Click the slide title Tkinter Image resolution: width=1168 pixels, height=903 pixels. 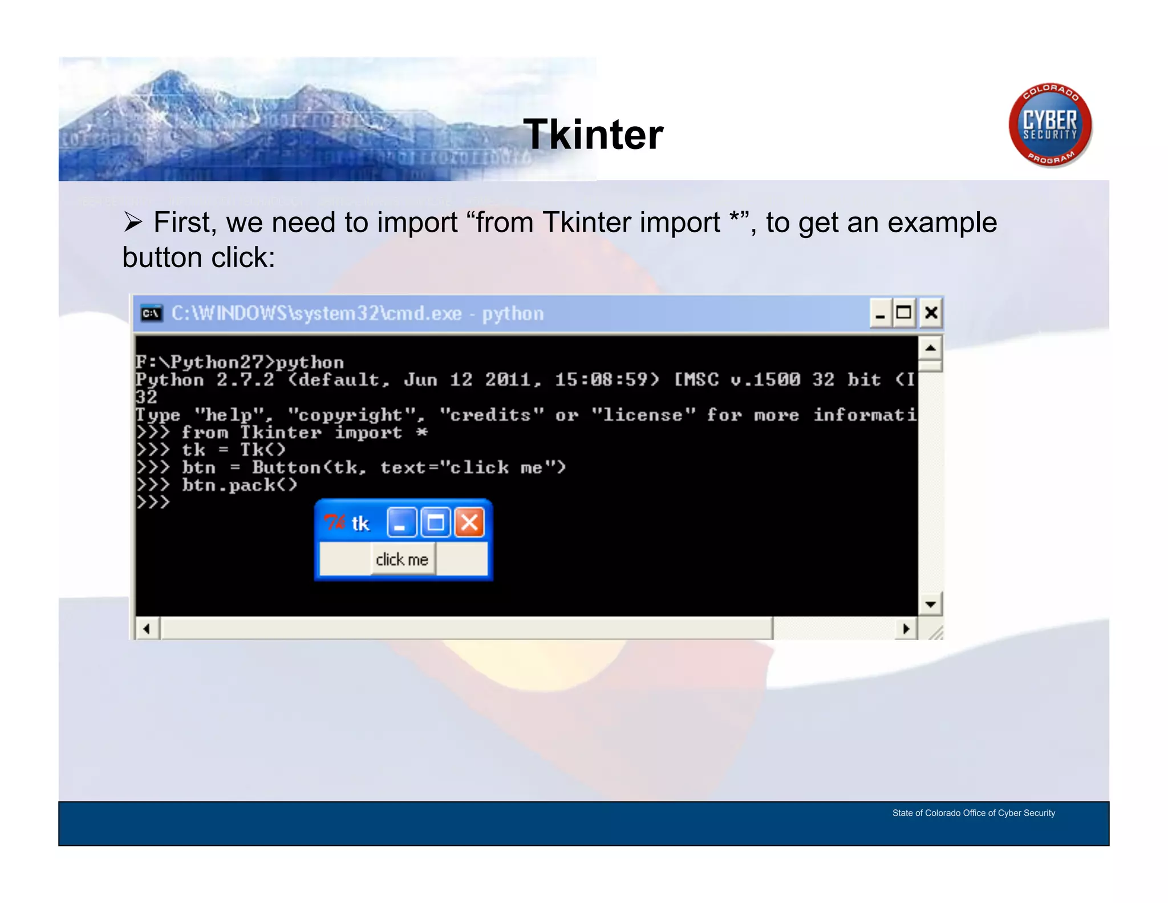click(x=593, y=135)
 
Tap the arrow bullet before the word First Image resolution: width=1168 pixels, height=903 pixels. click(x=133, y=222)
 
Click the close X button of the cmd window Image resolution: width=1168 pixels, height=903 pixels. click(x=931, y=313)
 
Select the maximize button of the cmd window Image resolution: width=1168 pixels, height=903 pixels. click(x=904, y=313)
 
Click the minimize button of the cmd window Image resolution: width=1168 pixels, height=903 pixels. click(x=880, y=313)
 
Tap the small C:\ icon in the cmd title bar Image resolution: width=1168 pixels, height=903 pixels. click(x=151, y=313)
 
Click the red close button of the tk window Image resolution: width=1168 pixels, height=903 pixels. click(x=469, y=522)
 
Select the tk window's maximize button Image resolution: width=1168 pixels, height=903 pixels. click(x=436, y=522)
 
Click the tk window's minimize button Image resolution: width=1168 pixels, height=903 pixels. click(x=401, y=522)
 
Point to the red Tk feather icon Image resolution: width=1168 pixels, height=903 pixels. click(x=334, y=522)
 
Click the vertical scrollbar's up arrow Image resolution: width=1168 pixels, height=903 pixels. click(x=930, y=348)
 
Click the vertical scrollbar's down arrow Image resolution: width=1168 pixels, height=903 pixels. click(x=930, y=604)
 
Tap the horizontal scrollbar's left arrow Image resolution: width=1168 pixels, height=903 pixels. click(x=147, y=629)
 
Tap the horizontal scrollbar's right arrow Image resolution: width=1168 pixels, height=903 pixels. click(x=906, y=629)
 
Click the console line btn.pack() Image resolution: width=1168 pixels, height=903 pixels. click(x=240, y=485)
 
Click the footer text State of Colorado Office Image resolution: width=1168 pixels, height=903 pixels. click(x=973, y=813)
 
